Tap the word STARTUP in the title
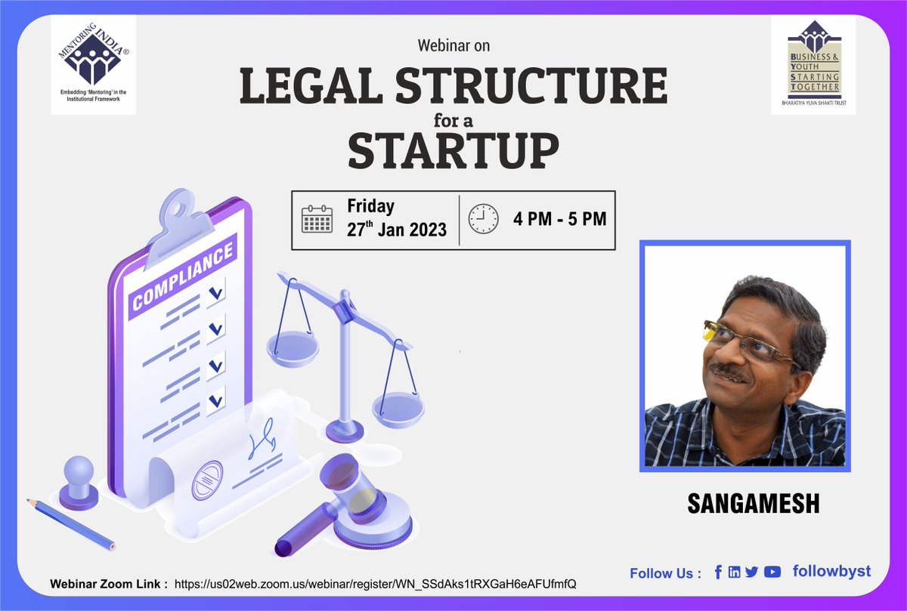pyautogui.click(x=453, y=150)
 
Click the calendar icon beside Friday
pyautogui.click(x=317, y=219)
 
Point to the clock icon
pyautogui.click(x=484, y=219)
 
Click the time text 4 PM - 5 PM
pyautogui.click(x=559, y=220)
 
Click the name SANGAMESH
pyautogui.click(x=753, y=505)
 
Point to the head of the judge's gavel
pyautogui.click(x=355, y=498)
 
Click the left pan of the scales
pyautogui.click(x=293, y=349)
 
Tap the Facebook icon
pyautogui.click(x=717, y=572)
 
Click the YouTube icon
pyautogui.click(x=772, y=572)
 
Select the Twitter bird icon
pyautogui.click(x=751, y=572)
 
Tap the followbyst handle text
pyautogui.click(x=831, y=572)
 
